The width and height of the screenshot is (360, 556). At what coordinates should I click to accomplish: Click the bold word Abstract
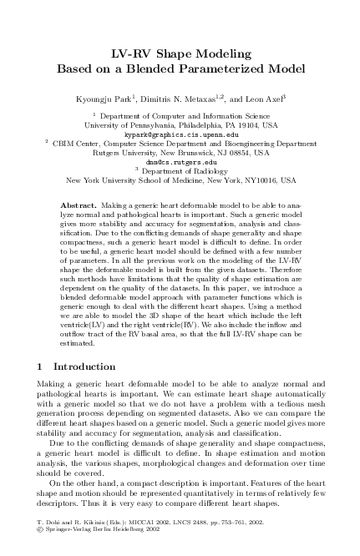click(79, 205)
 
